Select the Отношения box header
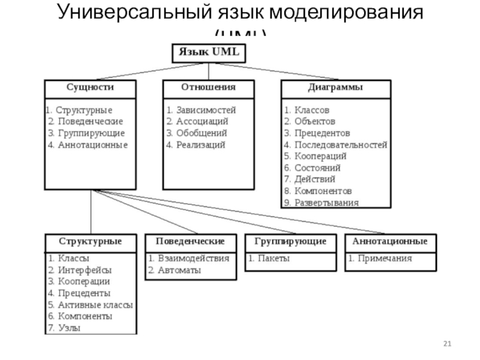208,88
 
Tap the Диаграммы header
335,88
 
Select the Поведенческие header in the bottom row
190,241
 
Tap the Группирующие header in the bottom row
290,241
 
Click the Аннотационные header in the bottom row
391,241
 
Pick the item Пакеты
273,259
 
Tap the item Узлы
69,328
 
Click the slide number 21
447,343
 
